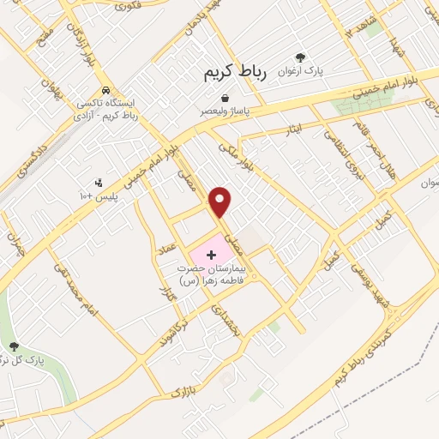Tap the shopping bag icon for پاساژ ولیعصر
click(x=224, y=99)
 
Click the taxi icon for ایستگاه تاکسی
click(x=105, y=89)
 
